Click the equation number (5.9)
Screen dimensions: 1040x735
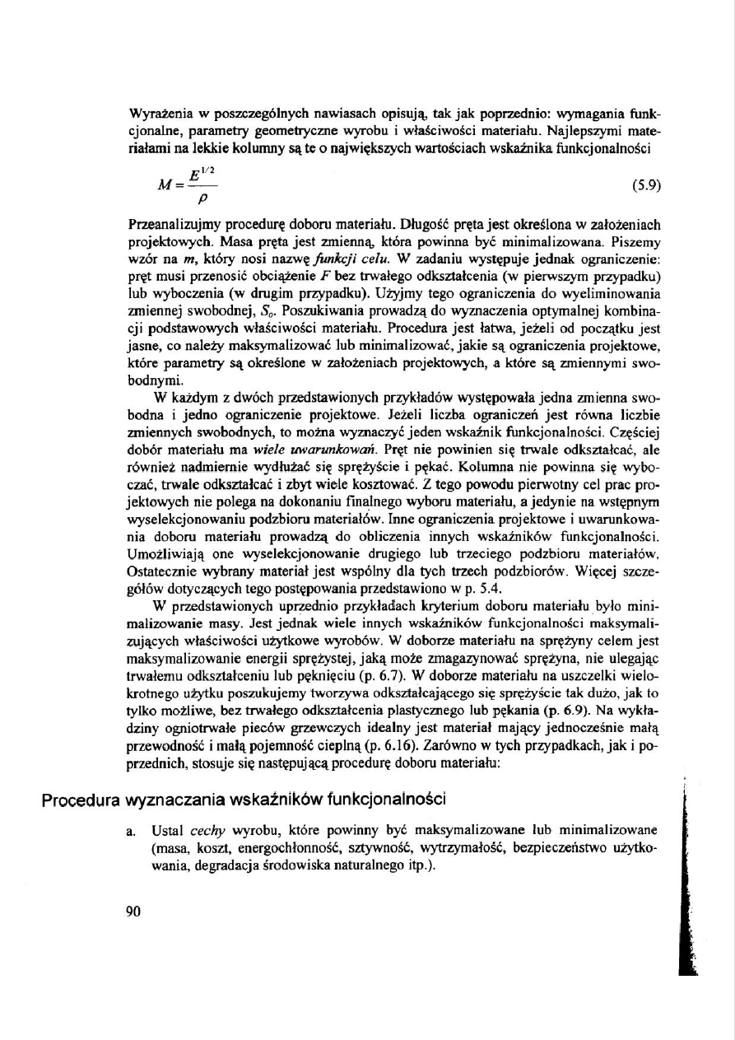coord(647,185)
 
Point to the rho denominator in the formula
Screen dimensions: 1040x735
coord(198,198)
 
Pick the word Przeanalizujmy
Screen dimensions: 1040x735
coord(171,224)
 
